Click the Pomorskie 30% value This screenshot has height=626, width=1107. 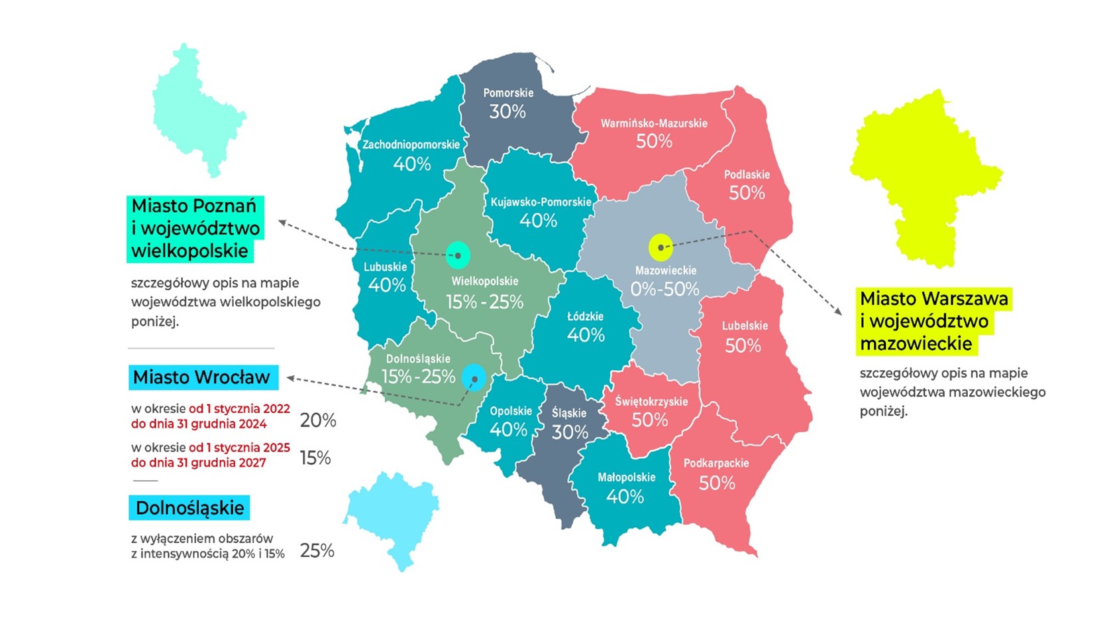tap(507, 111)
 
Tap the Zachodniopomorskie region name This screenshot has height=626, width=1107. tap(411, 145)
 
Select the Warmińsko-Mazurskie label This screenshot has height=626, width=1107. tap(654, 123)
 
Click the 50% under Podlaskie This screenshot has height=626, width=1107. tap(747, 193)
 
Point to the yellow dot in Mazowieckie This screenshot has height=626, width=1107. tap(660, 247)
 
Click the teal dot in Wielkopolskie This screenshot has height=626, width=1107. tap(458, 255)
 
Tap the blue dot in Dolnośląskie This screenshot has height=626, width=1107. tap(474, 378)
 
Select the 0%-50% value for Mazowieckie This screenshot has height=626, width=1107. tap(664, 289)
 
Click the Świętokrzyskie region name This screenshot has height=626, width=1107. tap(651, 401)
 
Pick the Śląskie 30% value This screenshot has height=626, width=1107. tap(570, 432)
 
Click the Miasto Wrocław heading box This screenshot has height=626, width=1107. tap(202, 377)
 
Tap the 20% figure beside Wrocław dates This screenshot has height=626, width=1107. tap(318, 420)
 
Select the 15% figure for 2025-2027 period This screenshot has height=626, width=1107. tap(315, 458)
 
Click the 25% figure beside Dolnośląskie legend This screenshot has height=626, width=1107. tap(317, 551)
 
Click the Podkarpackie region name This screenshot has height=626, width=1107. tap(716, 463)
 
